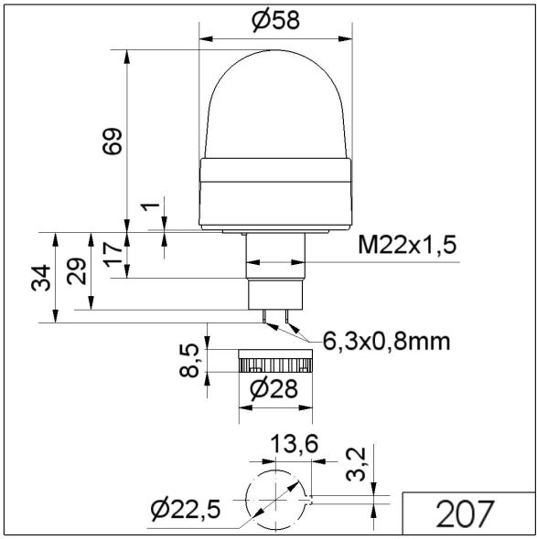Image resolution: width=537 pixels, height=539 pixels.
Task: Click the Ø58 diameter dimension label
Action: [277, 20]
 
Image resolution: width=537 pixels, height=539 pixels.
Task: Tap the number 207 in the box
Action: [467, 515]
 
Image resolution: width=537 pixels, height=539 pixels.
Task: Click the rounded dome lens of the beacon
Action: [276, 110]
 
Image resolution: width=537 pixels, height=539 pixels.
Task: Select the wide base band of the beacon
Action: [276, 192]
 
